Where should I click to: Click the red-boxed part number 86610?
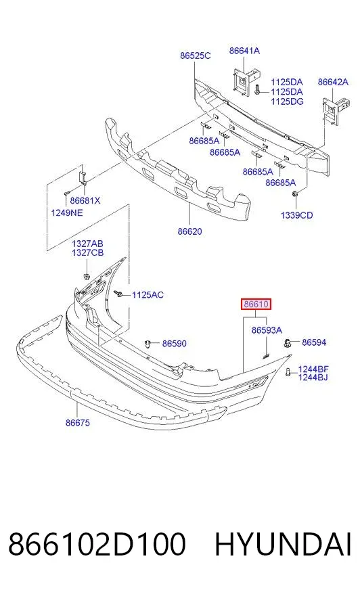(256, 304)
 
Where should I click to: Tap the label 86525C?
(196, 55)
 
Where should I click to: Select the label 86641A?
(244, 51)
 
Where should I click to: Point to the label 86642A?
(333, 82)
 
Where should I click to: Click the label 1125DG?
(287, 101)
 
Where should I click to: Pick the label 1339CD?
(297, 215)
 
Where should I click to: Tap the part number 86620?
(189, 231)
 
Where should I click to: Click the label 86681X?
(85, 200)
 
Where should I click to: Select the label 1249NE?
(67, 213)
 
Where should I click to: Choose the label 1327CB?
(88, 253)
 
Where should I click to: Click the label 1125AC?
(148, 295)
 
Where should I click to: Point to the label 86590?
(174, 344)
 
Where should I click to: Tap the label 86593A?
(267, 330)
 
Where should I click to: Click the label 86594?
(314, 342)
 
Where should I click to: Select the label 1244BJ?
(313, 378)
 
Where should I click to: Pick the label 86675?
(78, 423)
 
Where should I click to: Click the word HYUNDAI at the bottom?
(283, 544)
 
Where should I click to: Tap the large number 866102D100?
(97, 544)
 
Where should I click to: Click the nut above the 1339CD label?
(295, 194)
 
